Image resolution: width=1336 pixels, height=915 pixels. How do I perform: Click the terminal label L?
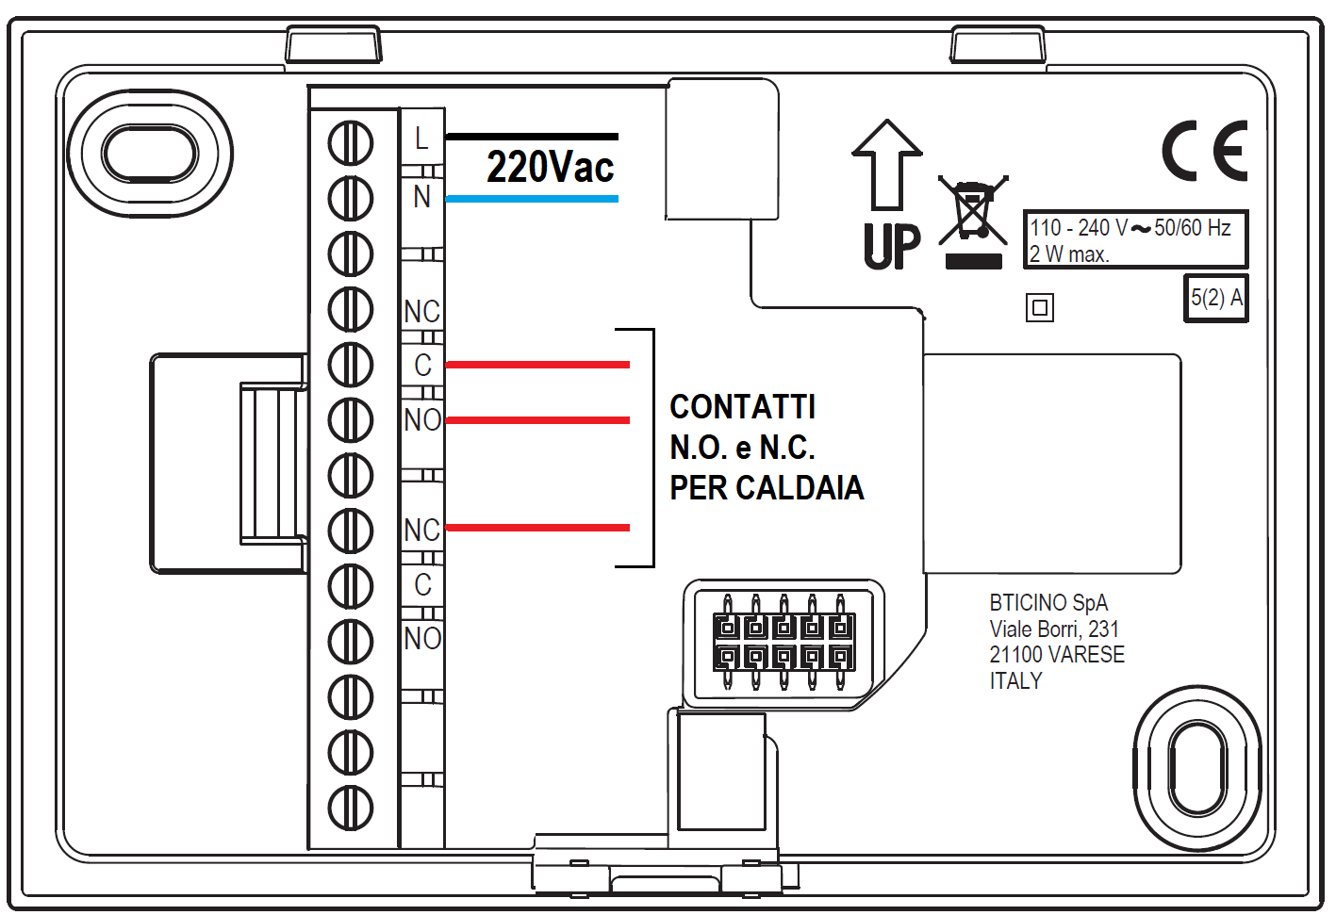point(421,139)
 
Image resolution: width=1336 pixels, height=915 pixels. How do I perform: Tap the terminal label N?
point(421,197)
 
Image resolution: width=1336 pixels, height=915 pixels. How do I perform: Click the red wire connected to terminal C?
point(536,365)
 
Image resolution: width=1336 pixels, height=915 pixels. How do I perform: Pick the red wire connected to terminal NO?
point(536,420)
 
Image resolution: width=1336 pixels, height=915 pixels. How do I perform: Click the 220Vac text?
point(550,168)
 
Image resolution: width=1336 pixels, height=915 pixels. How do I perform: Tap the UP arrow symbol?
point(886,165)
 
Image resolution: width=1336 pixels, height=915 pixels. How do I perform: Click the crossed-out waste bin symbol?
point(973,212)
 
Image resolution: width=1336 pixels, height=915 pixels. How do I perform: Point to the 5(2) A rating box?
point(1215,298)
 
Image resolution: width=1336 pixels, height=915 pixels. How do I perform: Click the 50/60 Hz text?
point(1192,228)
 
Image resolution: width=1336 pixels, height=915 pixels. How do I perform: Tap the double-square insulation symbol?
point(1039,307)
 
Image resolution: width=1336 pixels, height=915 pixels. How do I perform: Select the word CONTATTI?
point(742,407)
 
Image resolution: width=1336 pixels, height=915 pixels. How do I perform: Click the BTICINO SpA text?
point(1047,603)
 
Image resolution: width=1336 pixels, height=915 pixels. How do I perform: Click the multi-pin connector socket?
point(783,643)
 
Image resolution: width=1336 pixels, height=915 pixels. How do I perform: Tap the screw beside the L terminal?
point(351,143)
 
